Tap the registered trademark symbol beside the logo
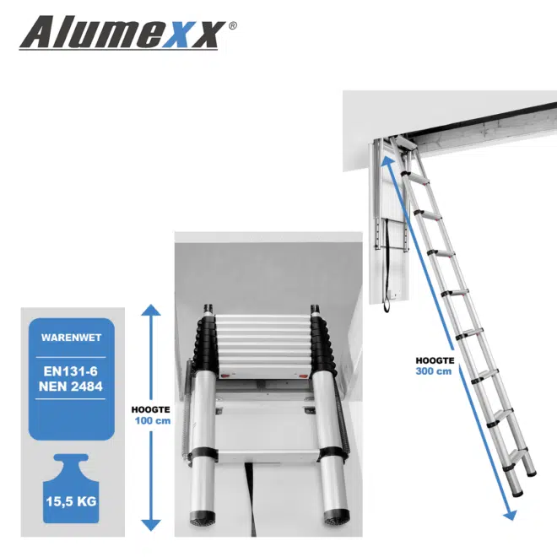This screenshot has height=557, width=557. [x=233, y=25]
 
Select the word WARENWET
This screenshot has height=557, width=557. [x=71, y=338]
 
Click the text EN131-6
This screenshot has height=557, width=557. [x=71, y=369]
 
